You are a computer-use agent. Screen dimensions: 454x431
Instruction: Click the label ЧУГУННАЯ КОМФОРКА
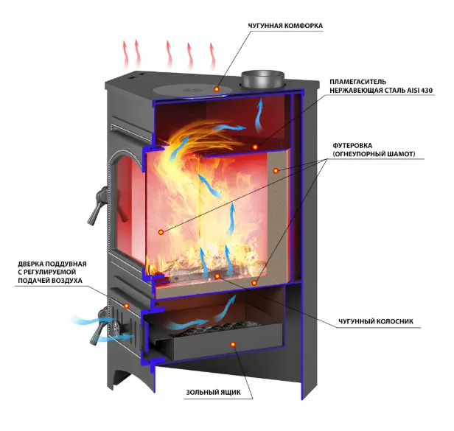click(x=285, y=26)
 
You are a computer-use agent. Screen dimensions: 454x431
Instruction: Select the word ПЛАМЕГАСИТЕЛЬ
click(x=358, y=82)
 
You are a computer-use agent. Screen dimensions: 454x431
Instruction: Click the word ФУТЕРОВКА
click(x=352, y=146)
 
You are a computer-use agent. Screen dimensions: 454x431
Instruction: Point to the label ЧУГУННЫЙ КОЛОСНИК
click(x=376, y=321)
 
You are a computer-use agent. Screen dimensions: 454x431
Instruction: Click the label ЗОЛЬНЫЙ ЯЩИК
click(x=214, y=393)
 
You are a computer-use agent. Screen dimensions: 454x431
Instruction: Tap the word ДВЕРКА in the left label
click(x=31, y=264)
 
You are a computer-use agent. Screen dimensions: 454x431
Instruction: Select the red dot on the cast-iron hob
click(x=217, y=89)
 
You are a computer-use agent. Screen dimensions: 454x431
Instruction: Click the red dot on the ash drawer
click(x=233, y=345)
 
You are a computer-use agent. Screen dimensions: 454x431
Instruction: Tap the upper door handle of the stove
click(x=97, y=206)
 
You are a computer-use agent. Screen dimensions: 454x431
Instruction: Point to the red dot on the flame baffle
click(x=255, y=147)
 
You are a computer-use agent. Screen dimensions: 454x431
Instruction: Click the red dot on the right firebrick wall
click(x=276, y=171)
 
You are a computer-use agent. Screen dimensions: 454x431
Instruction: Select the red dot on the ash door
click(x=126, y=306)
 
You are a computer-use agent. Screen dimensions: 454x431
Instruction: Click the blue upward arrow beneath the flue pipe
click(x=259, y=115)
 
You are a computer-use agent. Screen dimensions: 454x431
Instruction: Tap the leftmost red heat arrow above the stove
click(x=125, y=54)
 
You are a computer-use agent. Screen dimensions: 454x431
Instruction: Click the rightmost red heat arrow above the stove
click(x=212, y=56)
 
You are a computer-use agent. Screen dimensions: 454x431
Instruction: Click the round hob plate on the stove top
click(x=192, y=89)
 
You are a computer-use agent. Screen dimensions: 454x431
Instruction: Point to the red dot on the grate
click(x=217, y=276)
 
